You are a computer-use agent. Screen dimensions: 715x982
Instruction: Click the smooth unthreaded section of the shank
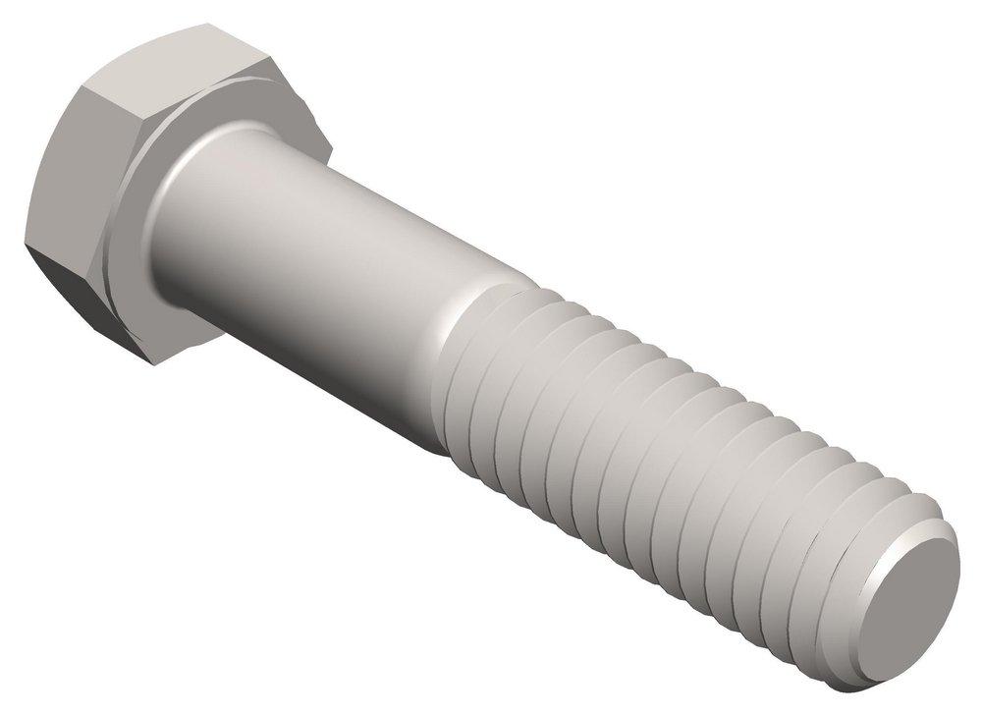(x=324, y=246)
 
